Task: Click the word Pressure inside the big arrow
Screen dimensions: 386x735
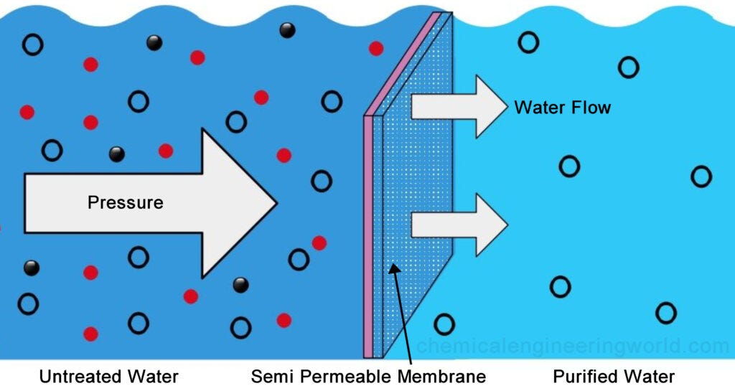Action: pyautogui.click(x=125, y=202)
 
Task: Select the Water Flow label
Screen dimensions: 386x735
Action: pyautogui.click(x=562, y=108)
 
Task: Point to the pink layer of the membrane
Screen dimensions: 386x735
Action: pyautogui.click(x=368, y=237)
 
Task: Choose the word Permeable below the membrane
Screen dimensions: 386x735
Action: pyautogui.click(x=340, y=376)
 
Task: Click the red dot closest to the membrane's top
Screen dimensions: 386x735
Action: pyautogui.click(x=375, y=48)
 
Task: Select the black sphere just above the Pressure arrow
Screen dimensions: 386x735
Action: pyautogui.click(x=116, y=154)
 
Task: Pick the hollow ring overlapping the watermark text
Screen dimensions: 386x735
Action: pyautogui.click(x=444, y=325)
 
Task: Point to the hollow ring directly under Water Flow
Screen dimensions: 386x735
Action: pyautogui.click(x=569, y=166)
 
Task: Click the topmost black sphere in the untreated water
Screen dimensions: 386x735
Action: pyautogui.click(x=287, y=30)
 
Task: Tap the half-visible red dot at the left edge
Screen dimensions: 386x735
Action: pyautogui.click(x=1, y=228)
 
